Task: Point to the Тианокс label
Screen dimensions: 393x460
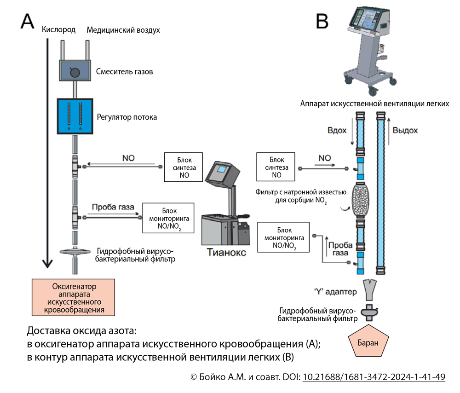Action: pyautogui.click(x=226, y=253)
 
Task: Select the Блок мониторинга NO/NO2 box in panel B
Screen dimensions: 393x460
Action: pyautogui.click(x=284, y=237)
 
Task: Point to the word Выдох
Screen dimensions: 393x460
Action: pyautogui.click(x=405, y=130)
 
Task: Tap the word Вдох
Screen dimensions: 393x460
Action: pyautogui.click(x=337, y=130)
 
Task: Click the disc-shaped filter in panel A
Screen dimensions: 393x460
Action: pyautogui.click(x=75, y=251)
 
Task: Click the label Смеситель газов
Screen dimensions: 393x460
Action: pyautogui.click(x=125, y=72)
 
